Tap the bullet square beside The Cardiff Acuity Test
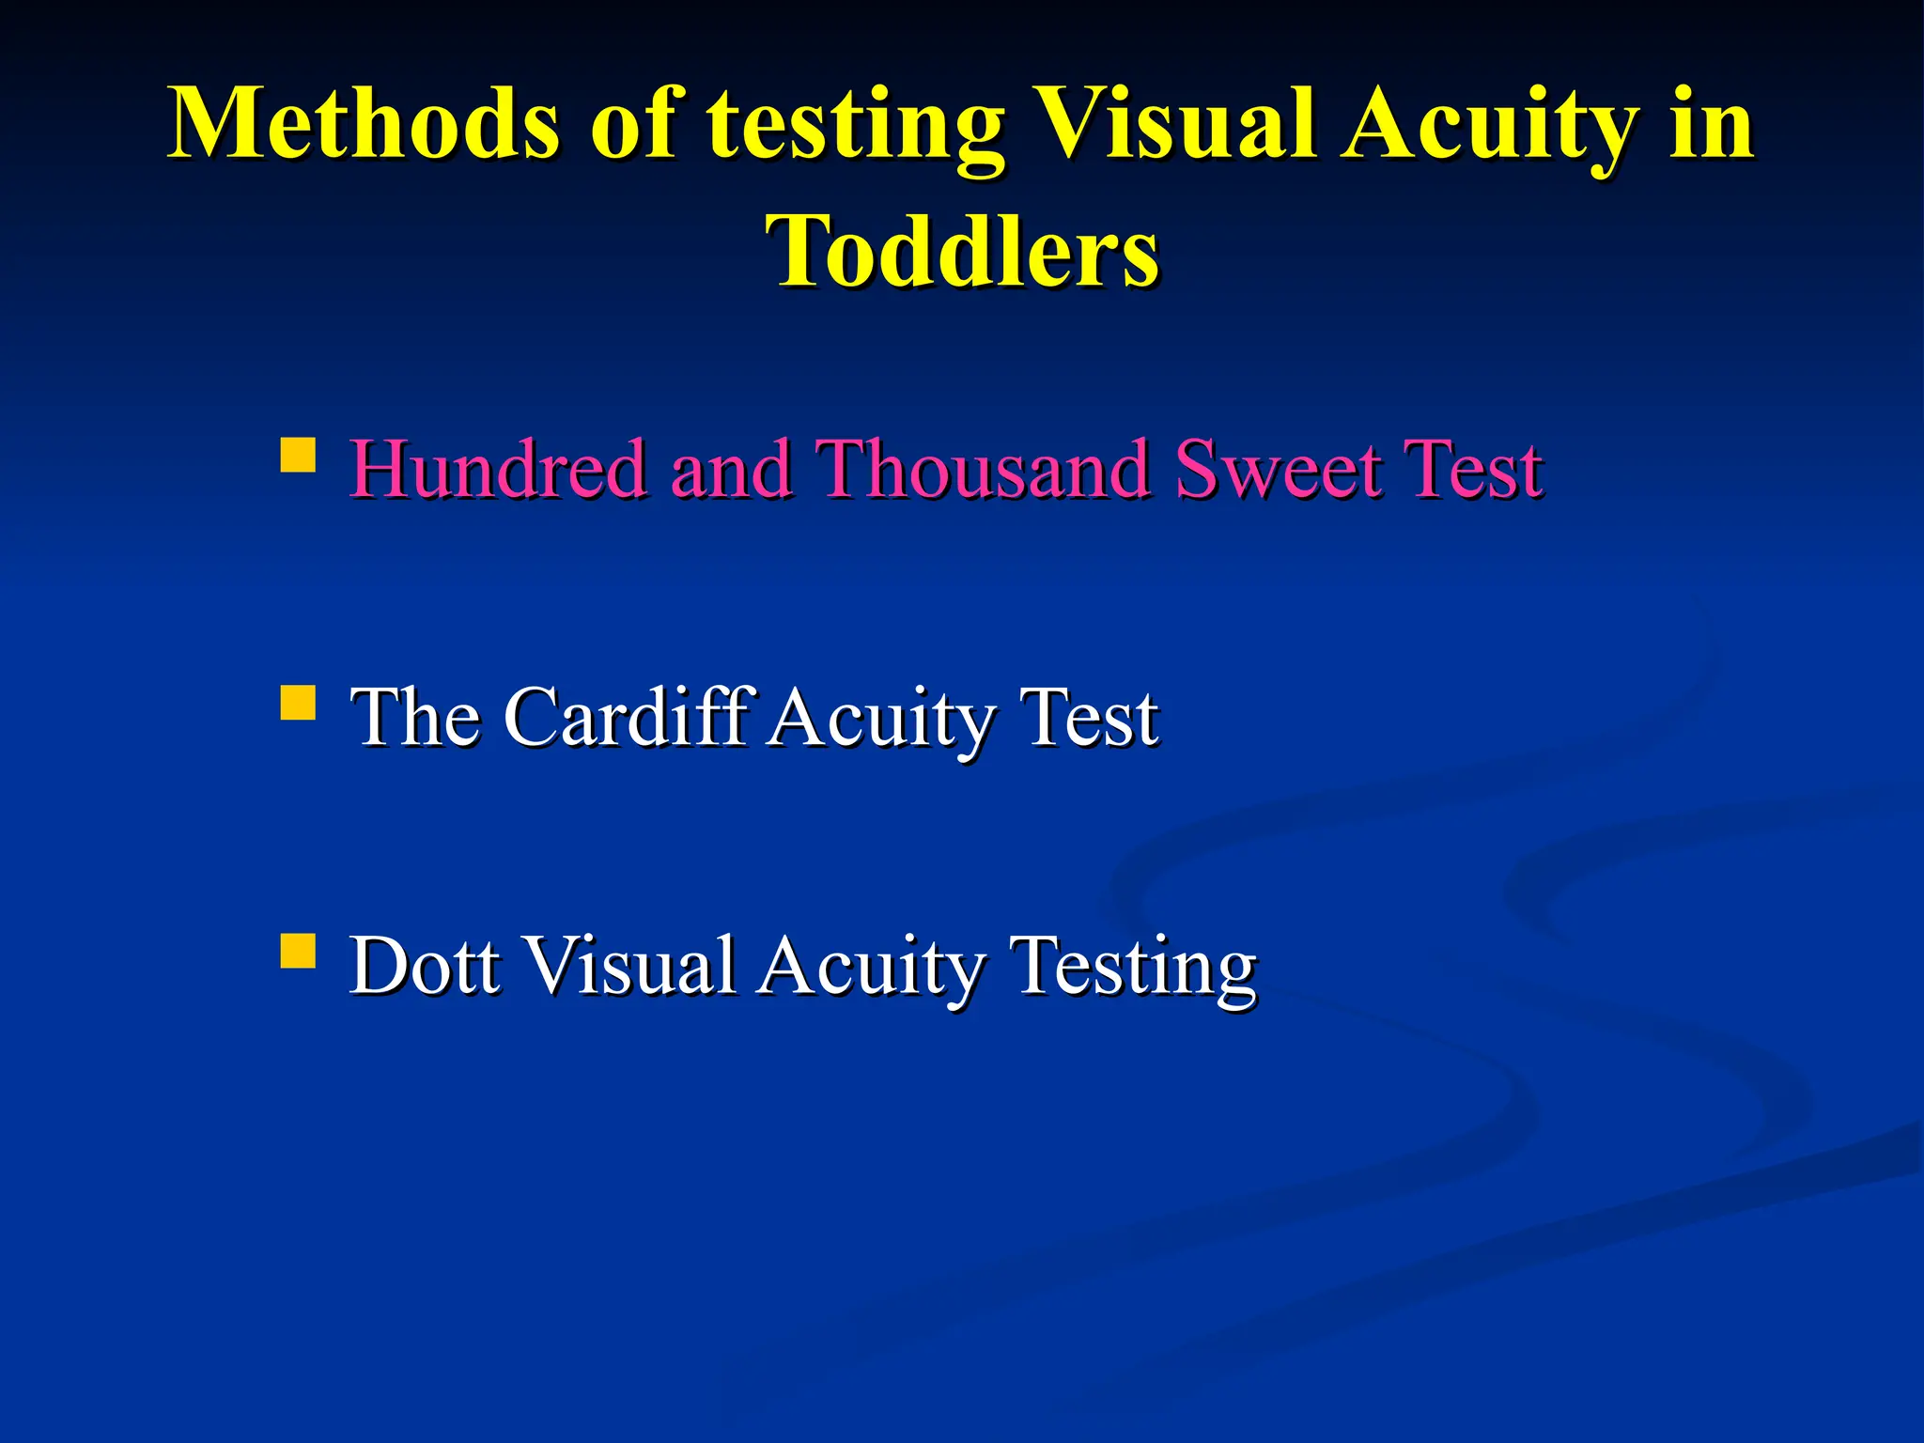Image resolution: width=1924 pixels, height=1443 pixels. coord(298,703)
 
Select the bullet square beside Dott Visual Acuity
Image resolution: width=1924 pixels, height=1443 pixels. coord(298,951)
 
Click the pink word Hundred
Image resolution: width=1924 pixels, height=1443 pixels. coord(498,469)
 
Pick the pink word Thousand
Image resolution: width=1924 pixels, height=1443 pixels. coord(983,469)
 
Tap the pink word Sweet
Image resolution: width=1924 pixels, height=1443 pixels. coord(1278,469)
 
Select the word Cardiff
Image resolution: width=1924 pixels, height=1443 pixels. coord(630,717)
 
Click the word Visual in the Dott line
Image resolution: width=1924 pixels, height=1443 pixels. coord(628,965)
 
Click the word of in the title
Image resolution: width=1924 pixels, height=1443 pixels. coord(632,123)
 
